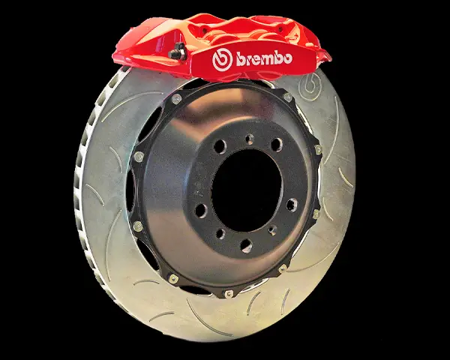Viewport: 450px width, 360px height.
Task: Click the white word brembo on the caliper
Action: (264, 58)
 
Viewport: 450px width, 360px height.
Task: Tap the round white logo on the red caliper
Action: (222, 60)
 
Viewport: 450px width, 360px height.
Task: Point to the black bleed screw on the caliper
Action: (177, 52)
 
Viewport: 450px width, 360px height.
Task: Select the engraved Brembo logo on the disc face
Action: (310, 85)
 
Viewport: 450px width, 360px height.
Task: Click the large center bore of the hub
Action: (247, 190)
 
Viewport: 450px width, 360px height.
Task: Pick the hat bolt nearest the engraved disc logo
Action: (287, 97)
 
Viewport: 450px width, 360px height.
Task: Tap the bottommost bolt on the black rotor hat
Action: (229, 294)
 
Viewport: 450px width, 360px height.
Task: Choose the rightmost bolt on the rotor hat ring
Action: (318, 149)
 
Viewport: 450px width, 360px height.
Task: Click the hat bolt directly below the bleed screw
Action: (176, 99)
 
